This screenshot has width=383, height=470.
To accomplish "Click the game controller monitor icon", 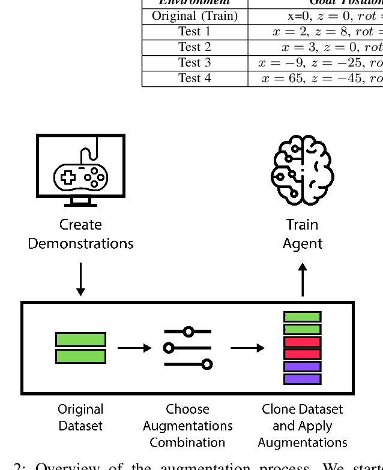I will tap(80, 170).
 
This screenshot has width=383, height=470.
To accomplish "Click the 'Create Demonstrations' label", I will tap(80, 234).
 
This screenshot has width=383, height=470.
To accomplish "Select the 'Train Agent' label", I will tap(303, 234).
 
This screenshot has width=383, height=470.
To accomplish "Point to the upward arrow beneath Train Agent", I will tap(303, 279).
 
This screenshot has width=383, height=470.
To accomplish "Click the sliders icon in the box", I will tap(188, 348).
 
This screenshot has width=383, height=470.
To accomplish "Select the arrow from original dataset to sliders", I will tap(134, 348).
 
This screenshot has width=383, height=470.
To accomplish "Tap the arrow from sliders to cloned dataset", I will tap(247, 348).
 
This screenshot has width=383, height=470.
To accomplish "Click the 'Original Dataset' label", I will tap(80, 418).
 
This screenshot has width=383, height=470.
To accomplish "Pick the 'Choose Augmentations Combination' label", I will tap(188, 426).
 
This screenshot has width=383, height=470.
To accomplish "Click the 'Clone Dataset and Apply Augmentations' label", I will tap(303, 426).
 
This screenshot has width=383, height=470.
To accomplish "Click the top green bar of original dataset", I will tap(80, 340).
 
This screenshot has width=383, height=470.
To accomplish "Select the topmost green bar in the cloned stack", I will tap(303, 317).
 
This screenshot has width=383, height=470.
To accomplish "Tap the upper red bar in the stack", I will tap(303, 342).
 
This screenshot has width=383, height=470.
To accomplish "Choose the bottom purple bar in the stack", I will tap(303, 379).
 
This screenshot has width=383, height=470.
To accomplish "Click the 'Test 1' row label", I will tap(195, 32).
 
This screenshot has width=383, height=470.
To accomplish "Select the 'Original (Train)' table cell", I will tap(195, 16).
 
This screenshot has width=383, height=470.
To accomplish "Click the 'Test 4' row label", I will tap(195, 79).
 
